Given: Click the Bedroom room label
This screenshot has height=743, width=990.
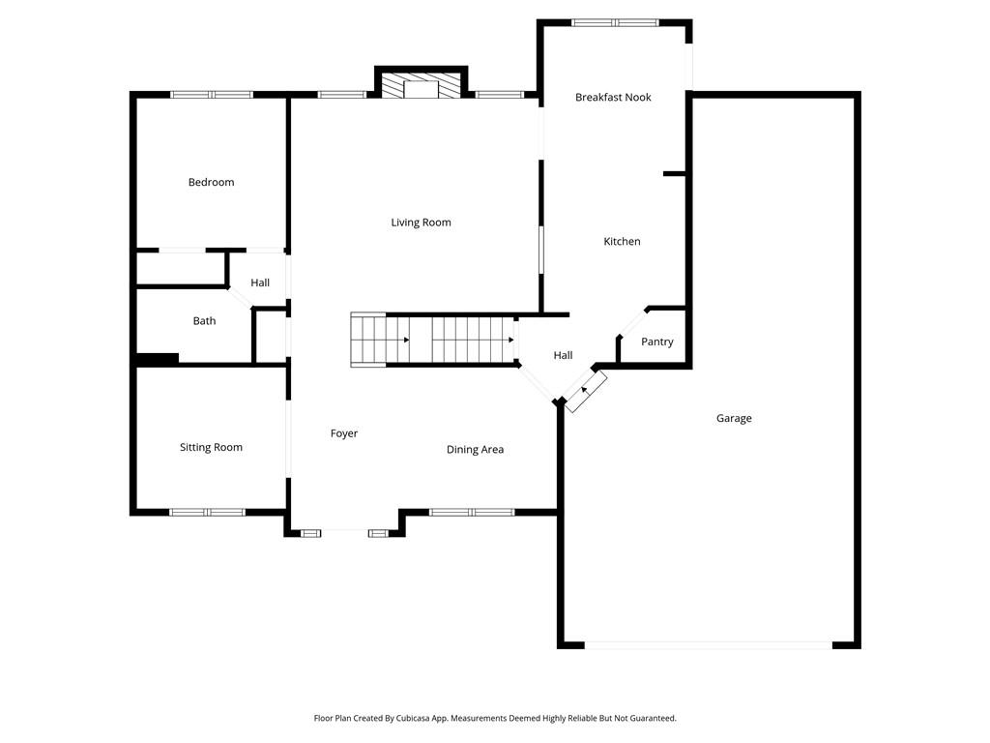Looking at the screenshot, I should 211,182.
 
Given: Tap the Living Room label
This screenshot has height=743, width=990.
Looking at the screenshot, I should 421,223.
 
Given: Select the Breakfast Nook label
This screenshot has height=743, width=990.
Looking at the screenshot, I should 613,97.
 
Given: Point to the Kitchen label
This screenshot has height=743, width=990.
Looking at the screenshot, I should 622,241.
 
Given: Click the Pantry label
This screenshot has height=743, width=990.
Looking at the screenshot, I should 657,342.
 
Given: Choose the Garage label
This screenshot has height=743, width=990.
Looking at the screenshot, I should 734,418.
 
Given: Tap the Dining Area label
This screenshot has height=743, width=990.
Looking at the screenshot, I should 475,449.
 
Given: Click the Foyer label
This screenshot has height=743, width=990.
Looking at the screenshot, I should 344,433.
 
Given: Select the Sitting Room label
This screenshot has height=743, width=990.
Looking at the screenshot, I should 211,447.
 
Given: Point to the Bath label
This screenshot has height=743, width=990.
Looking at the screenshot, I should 204,320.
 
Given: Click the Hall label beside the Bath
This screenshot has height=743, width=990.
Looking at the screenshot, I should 260,282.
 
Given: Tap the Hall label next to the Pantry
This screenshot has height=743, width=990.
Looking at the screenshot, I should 563,355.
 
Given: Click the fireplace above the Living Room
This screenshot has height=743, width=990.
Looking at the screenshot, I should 421,86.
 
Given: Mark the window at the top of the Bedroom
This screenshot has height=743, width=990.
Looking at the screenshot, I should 212,94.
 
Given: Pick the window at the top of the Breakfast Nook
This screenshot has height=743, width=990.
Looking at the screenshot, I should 615,22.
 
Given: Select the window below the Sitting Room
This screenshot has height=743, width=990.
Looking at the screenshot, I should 208,512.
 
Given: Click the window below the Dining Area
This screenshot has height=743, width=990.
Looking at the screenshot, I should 472,512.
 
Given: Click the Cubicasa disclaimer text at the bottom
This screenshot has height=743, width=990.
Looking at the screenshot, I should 495,718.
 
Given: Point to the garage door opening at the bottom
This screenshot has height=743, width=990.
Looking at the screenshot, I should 709,644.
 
